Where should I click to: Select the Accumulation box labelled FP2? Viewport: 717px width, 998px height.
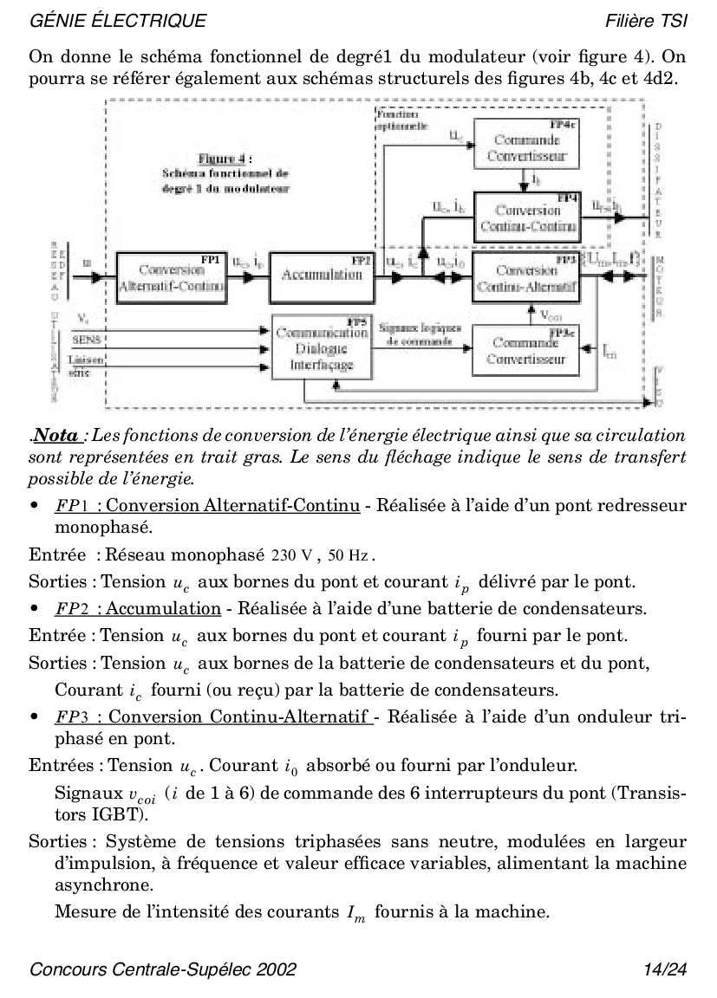[x=322, y=275]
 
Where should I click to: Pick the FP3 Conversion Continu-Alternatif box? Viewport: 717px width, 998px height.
[x=527, y=277]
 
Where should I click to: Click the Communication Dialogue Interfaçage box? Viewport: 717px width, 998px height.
[x=321, y=348]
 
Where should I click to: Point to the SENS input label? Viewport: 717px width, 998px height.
[x=85, y=339]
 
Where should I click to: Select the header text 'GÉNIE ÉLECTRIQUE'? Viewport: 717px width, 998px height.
[x=118, y=20]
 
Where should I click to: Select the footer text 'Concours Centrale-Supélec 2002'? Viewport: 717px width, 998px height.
[x=163, y=969]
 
